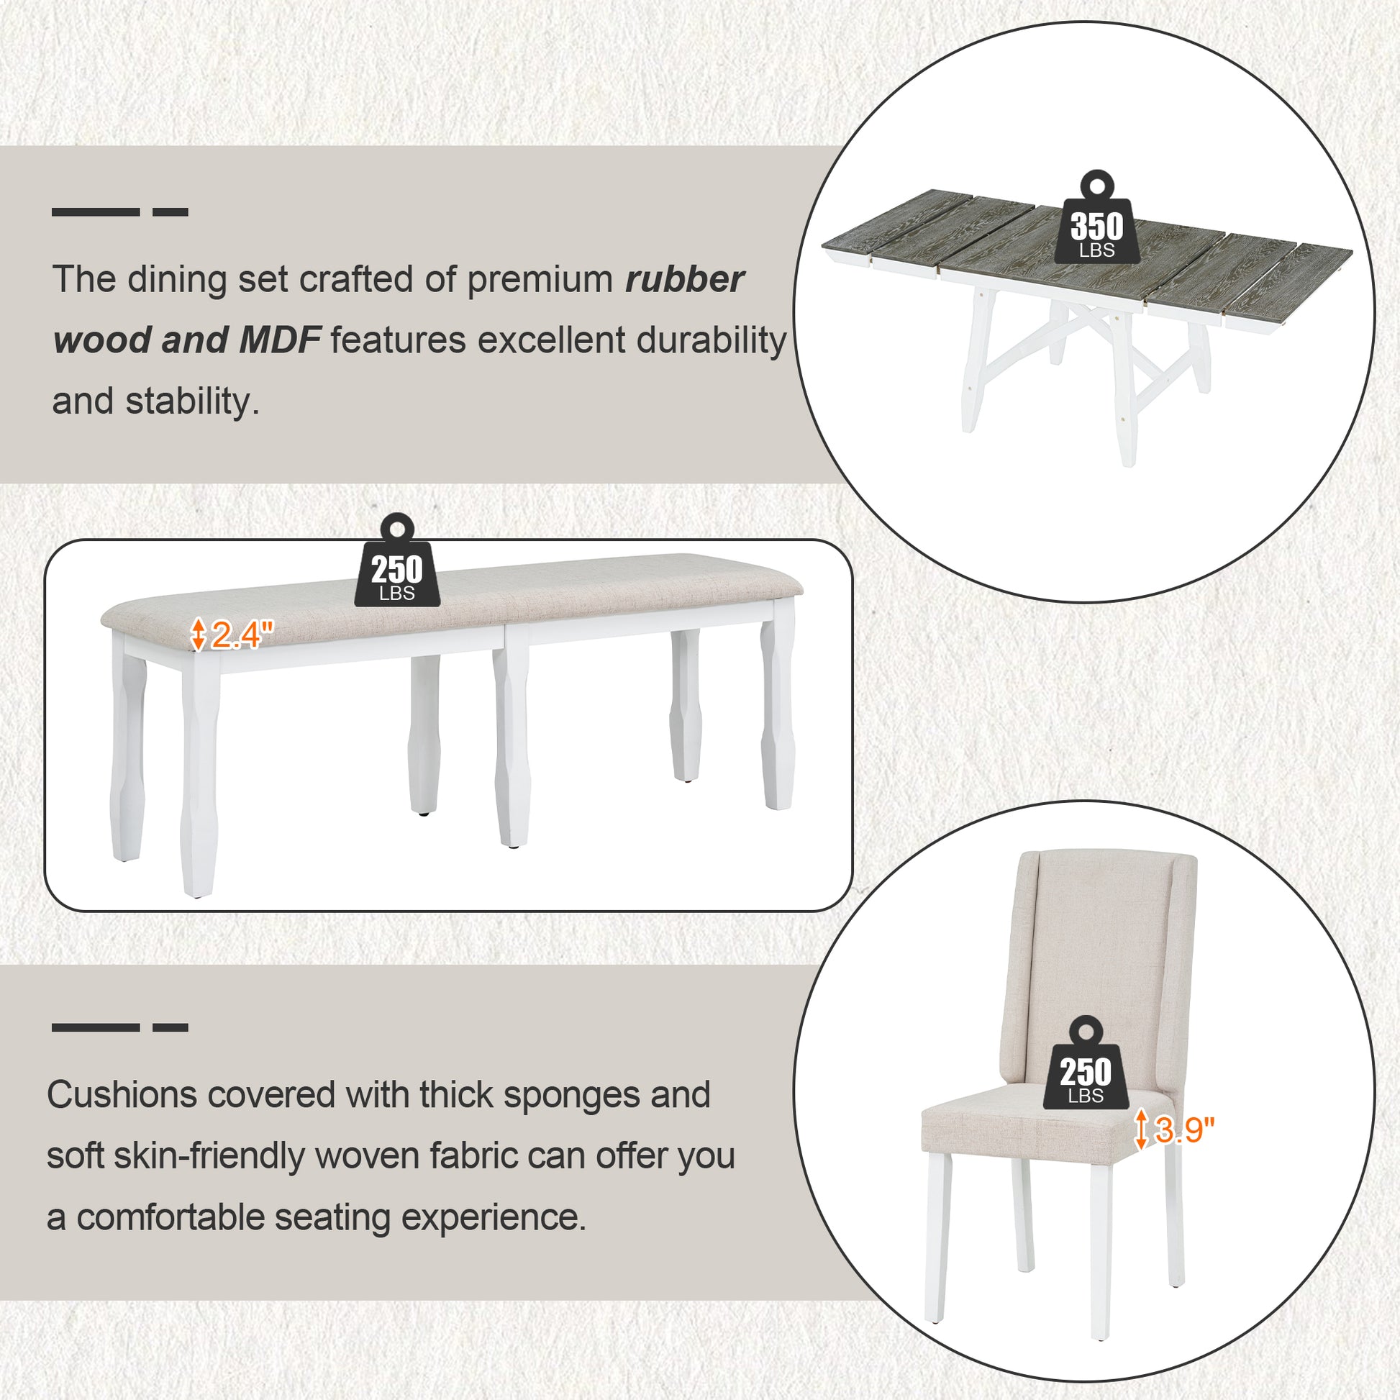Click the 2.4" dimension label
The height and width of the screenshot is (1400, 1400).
click(x=242, y=635)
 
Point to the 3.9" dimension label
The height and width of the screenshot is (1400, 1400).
click(x=1183, y=1130)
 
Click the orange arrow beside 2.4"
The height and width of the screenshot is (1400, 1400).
click(x=198, y=633)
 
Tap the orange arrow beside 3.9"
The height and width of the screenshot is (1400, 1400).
click(x=1140, y=1129)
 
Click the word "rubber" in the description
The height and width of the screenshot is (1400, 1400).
click(x=685, y=279)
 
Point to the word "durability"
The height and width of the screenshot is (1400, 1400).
click(x=703, y=340)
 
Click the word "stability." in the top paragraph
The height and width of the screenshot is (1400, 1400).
click(x=192, y=401)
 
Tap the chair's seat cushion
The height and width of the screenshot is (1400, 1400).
click(x=1029, y=1130)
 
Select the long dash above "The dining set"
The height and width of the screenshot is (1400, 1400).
click(x=96, y=212)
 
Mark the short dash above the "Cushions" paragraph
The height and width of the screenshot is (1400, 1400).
click(x=171, y=1027)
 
